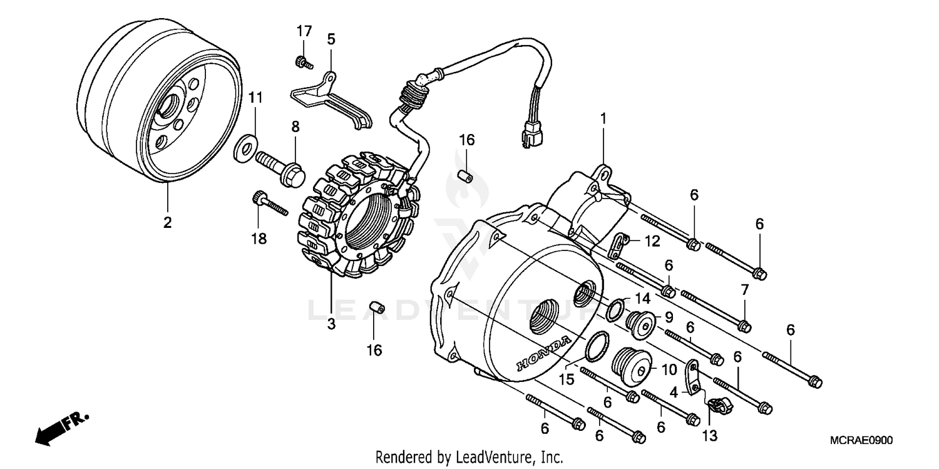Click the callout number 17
tap(304, 31)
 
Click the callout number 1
tap(603, 118)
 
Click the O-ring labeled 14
tap(616, 308)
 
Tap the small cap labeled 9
tap(640, 322)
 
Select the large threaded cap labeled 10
tap(631, 365)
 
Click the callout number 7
tap(744, 290)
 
